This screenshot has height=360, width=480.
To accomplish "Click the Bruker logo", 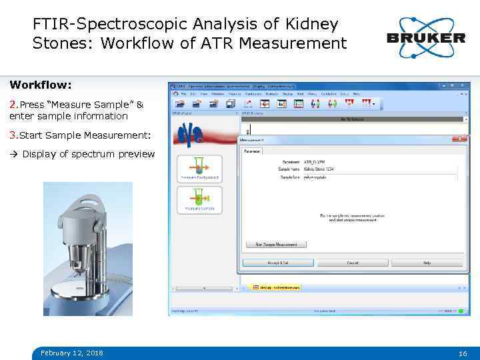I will click(425, 33).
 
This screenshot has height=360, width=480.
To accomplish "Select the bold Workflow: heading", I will click(41, 85).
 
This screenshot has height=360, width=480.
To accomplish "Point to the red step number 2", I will click(13, 105).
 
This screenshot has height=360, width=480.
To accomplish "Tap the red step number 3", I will click(13, 135).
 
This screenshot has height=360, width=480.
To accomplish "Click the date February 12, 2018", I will click(71, 353).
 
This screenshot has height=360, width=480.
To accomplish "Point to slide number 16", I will click(463, 353).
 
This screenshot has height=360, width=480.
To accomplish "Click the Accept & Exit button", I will click(278, 263).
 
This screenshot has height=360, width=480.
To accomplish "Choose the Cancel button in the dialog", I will click(352, 263).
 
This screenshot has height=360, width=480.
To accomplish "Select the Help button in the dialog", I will click(427, 263).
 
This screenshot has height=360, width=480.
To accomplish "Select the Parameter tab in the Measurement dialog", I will click(253, 151).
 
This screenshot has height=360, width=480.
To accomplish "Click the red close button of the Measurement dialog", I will click(459, 139).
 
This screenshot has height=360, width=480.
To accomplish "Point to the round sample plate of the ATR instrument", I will click(83, 287).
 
